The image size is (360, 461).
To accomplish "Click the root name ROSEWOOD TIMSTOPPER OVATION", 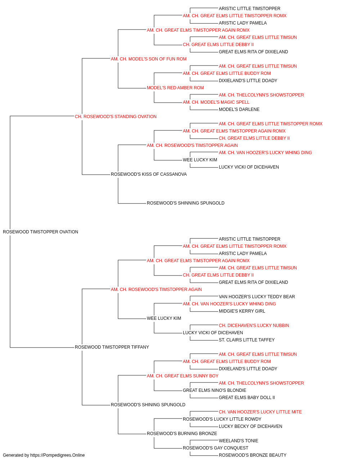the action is (x=40, y=232).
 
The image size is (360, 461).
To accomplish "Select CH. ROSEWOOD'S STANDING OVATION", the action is (x=116, y=117).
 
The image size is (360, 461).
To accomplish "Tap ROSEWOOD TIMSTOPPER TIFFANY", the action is (x=112, y=347).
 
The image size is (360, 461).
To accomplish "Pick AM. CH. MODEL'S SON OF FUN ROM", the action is (x=149, y=59).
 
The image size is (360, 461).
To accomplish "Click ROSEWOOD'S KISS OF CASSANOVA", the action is (x=149, y=174).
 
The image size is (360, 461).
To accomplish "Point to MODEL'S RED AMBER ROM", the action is (x=175, y=88).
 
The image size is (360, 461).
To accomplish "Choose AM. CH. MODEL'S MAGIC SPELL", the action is (x=216, y=102).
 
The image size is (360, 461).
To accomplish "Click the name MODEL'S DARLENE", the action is (x=239, y=109).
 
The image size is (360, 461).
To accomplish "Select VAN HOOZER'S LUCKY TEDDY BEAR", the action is (x=257, y=296).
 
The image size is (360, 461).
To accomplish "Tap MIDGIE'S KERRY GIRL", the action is (x=242, y=311).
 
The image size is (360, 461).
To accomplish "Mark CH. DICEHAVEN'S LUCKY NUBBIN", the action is (x=254, y=326).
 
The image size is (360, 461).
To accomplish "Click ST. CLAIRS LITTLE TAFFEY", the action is (x=247, y=340).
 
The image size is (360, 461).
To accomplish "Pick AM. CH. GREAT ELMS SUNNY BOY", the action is (x=183, y=376).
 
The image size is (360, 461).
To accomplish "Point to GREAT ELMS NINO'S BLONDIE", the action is (x=215, y=390).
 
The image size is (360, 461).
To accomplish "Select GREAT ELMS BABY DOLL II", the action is (x=247, y=398).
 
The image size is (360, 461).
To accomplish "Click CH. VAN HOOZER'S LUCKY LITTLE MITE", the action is (x=260, y=412).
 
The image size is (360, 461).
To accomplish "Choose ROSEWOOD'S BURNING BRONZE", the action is (x=182, y=434).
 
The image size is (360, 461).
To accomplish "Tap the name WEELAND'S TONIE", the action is (x=239, y=441).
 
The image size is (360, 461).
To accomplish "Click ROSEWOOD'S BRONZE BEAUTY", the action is (x=252, y=455).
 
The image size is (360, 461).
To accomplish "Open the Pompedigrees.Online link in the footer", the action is (x=58, y=455).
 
